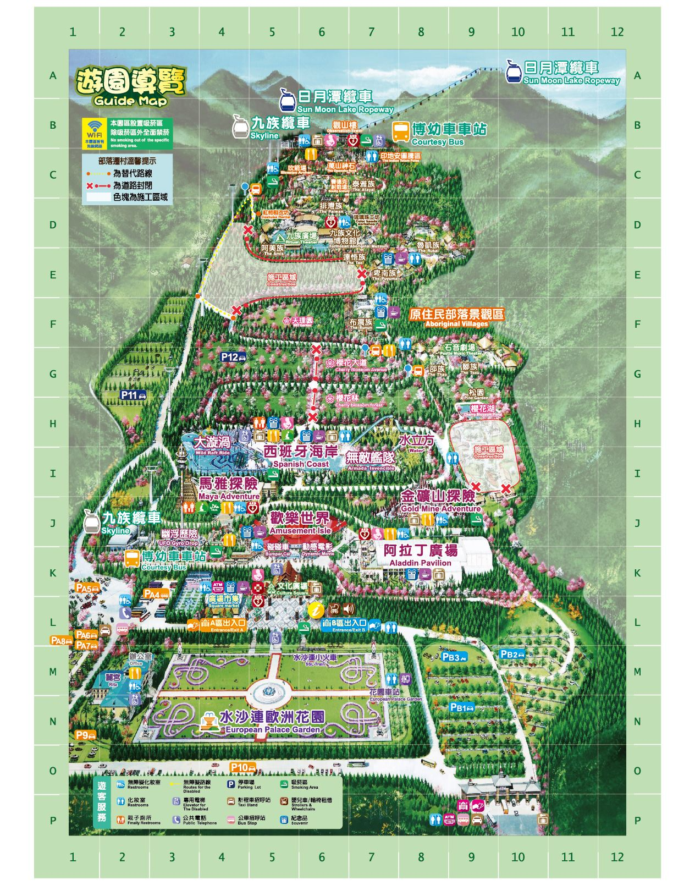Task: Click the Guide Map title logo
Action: coord(131,86)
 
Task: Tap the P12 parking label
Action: coord(233,358)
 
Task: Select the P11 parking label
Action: coord(133,395)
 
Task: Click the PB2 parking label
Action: coord(512,655)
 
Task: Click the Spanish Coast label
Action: coord(300,456)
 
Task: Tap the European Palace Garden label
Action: coord(272,721)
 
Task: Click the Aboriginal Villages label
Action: coord(456,317)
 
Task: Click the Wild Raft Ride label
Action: coord(212,446)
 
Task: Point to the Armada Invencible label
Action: coord(371,461)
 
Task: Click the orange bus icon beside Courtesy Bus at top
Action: coord(401,132)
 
